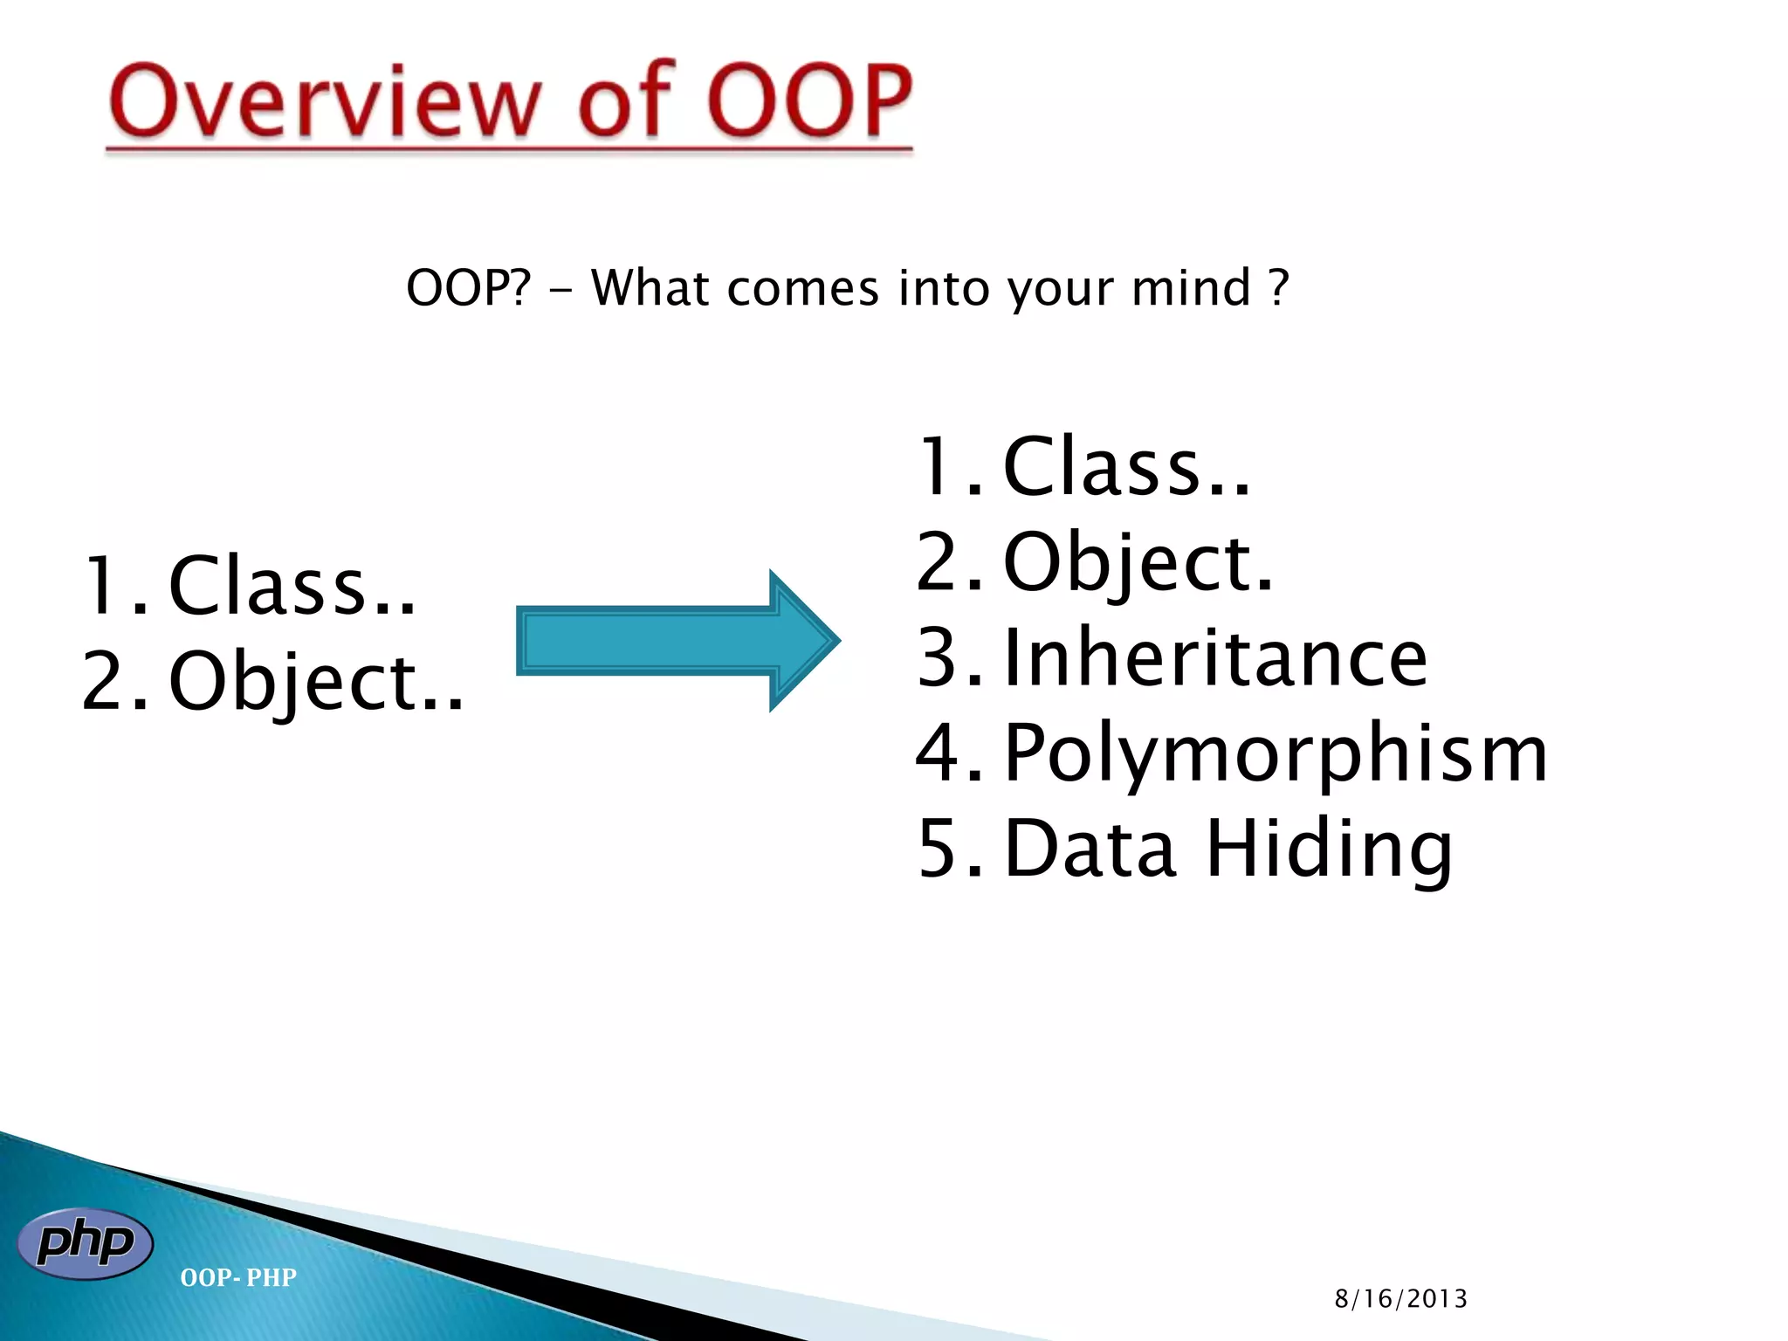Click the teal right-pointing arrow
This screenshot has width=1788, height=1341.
(677, 641)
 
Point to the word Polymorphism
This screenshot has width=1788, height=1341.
(1276, 754)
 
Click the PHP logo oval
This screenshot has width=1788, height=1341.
(86, 1243)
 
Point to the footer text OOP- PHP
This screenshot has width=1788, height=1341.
(238, 1277)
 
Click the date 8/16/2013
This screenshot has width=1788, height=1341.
(1400, 1299)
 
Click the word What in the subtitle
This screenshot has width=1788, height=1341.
(650, 288)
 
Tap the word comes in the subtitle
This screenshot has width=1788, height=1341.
(802, 290)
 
